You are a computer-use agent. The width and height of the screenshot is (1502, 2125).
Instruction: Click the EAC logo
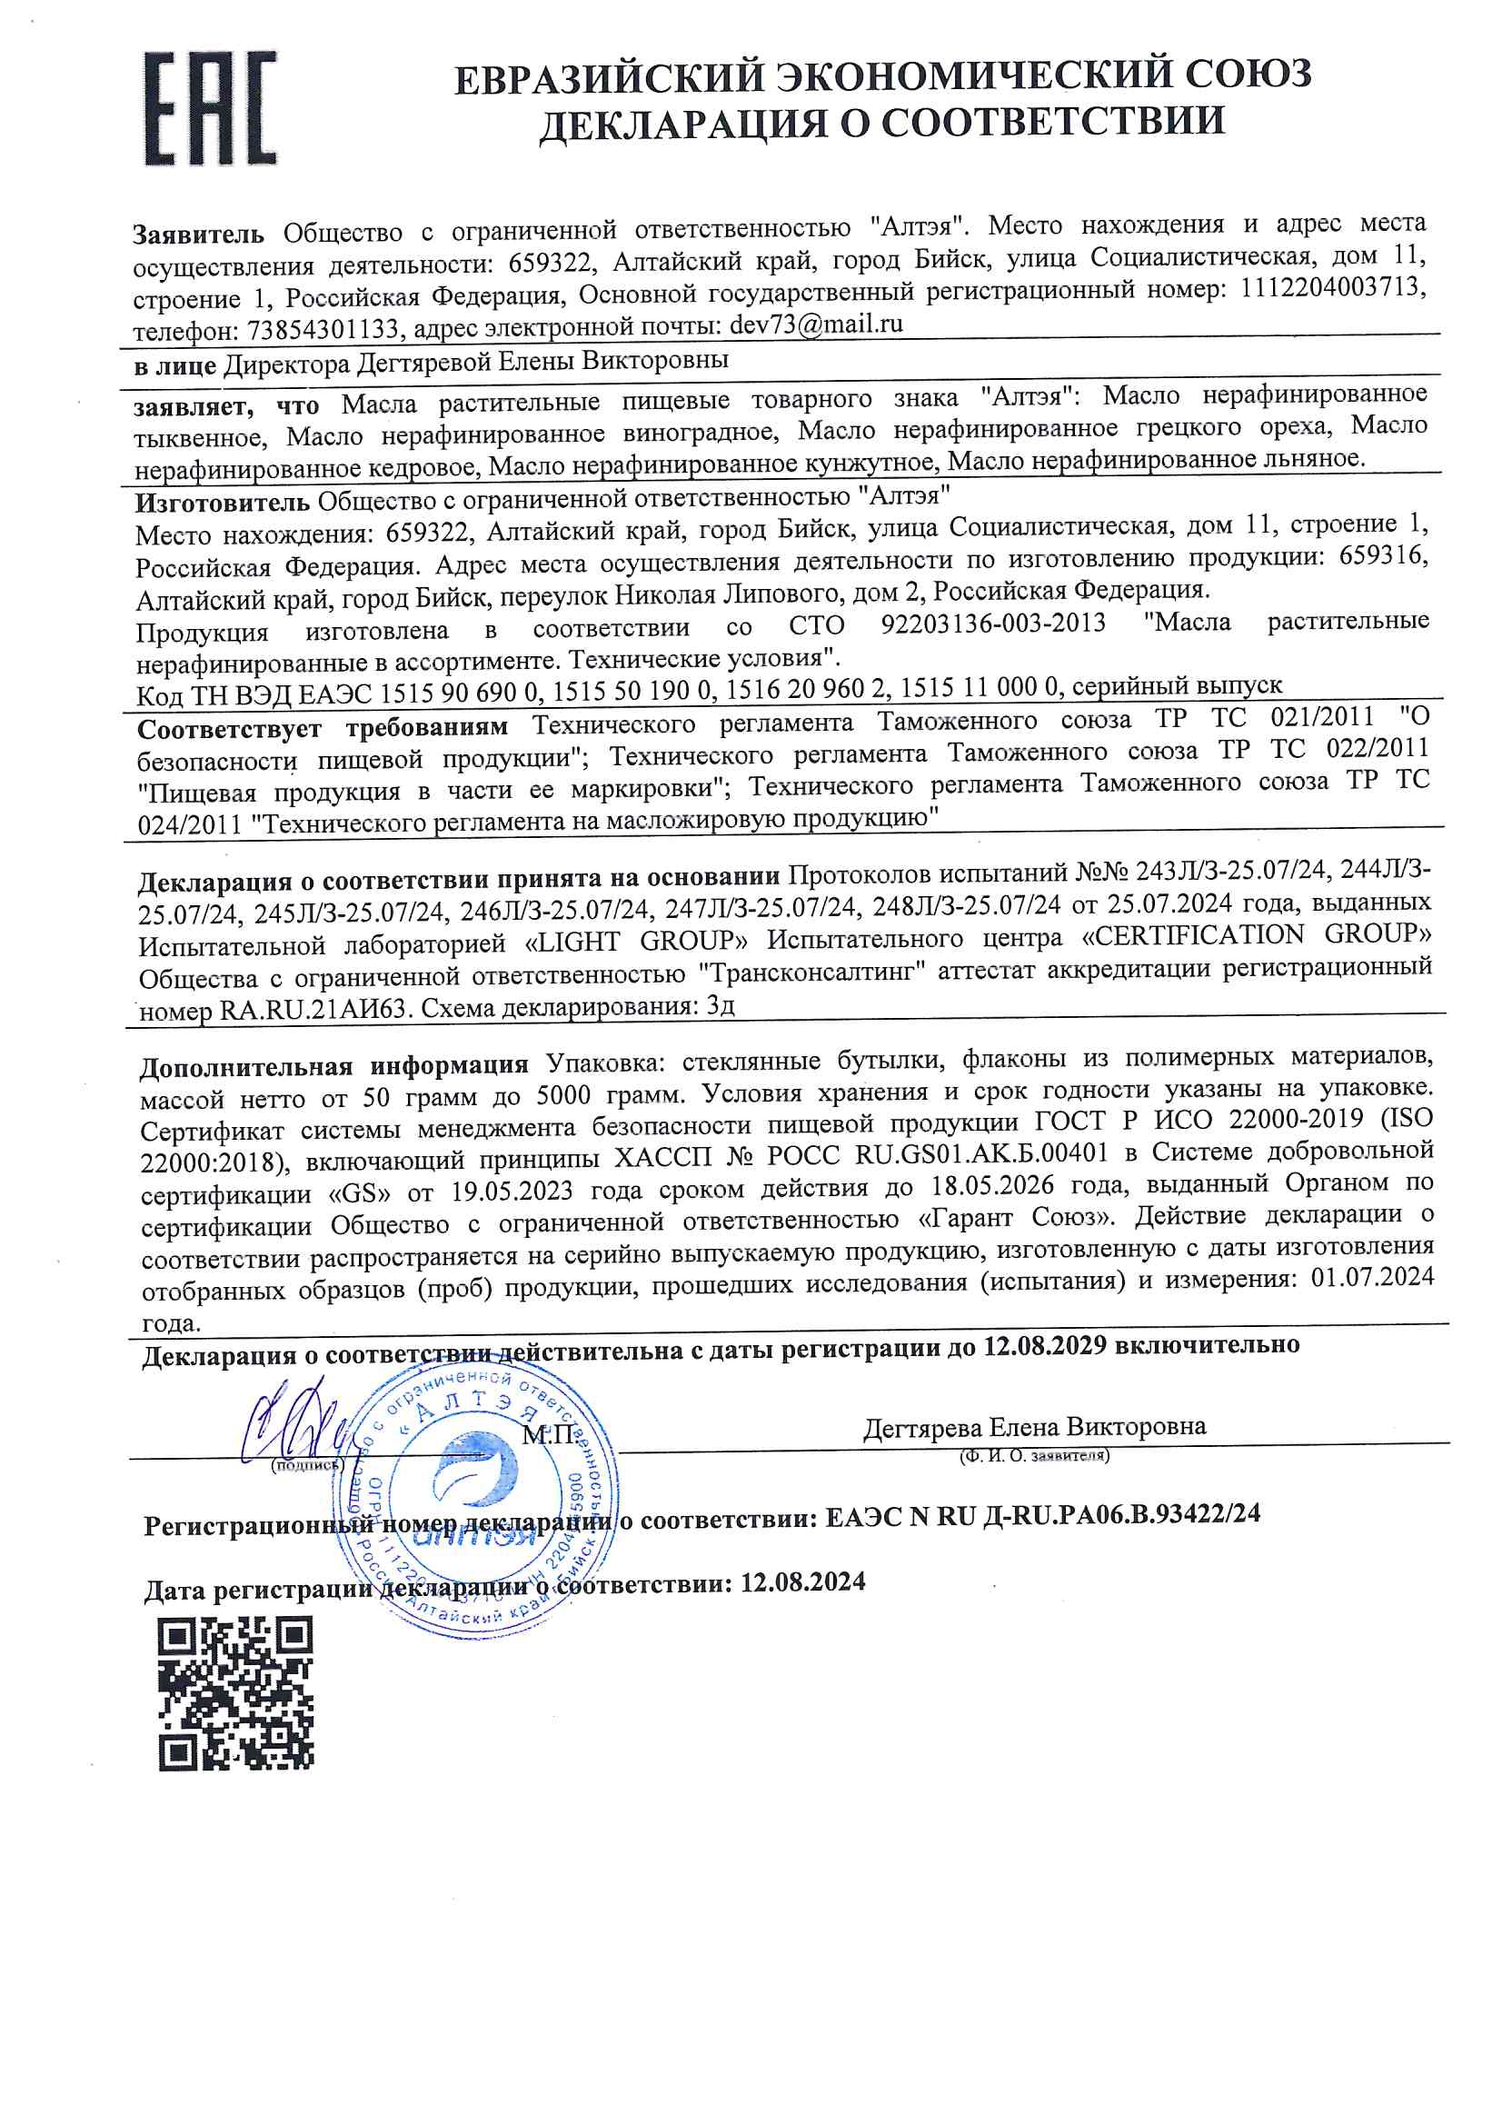[x=210, y=108]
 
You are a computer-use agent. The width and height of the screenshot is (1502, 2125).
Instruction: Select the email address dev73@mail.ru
[x=815, y=324]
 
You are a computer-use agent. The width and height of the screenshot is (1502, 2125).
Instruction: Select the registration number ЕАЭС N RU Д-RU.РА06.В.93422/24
[x=1042, y=1515]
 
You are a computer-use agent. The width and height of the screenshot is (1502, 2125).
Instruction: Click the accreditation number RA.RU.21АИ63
[x=313, y=1010]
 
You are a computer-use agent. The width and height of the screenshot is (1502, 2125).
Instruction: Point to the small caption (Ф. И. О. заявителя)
[x=1035, y=1456]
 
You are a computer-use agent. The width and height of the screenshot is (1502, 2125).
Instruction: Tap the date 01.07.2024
[x=1372, y=1278]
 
